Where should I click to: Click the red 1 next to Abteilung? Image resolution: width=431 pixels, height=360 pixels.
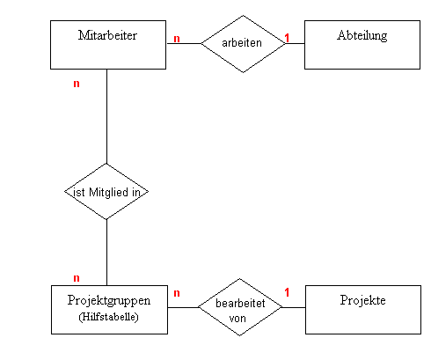(287, 38)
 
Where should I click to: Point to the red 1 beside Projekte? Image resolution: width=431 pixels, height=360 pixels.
(287, 292)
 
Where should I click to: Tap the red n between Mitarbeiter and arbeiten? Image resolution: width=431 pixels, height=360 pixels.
(177, 39)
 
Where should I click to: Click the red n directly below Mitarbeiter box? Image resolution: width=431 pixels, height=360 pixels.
(77, 84)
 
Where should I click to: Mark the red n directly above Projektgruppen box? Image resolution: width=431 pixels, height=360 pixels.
(77, 278)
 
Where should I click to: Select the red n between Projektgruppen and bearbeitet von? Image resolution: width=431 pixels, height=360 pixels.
(177, 293)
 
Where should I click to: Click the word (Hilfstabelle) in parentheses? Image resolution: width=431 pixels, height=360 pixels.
(108, 317)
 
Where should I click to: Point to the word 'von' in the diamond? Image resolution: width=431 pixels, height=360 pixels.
(237, 319)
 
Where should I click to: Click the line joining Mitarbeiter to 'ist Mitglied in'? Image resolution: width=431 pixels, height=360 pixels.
(106, 116)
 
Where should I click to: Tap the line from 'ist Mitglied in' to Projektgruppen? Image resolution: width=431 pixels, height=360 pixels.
(106, 253)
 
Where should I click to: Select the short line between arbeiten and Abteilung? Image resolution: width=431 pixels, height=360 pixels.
(296, 44)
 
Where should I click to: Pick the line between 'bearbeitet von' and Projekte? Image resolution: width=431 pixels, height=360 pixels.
(294, 307)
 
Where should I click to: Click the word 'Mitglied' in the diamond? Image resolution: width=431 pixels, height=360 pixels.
(108, 193)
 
